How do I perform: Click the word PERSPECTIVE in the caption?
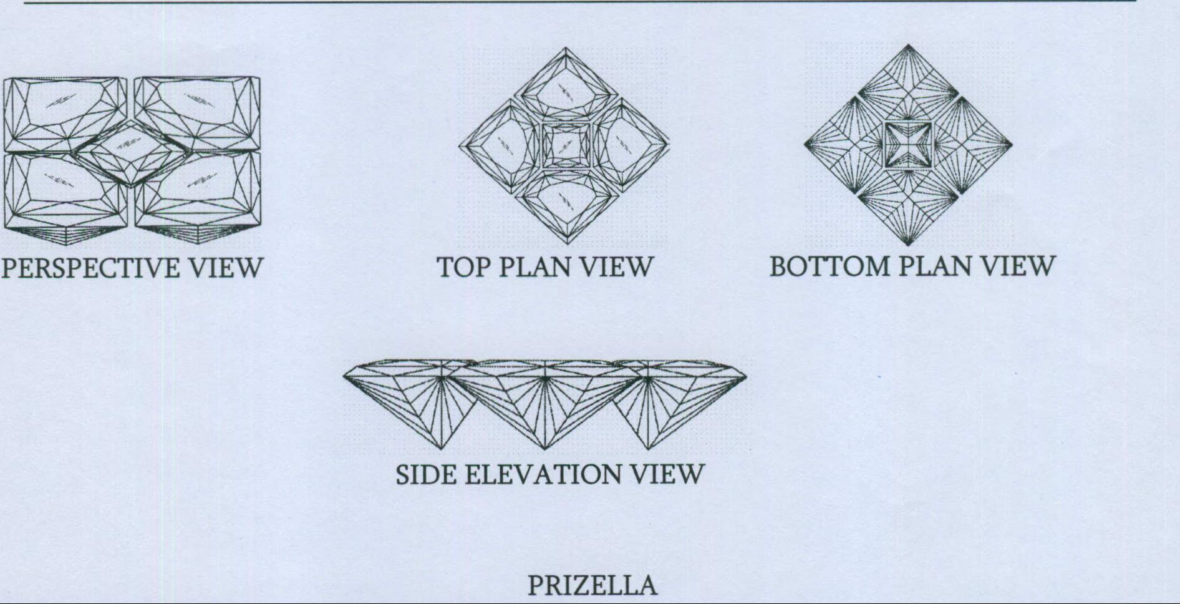click(x=91, y=268)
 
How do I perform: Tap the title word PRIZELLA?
click(x=592, y=586)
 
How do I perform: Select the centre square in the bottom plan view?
click(x=908, y=145)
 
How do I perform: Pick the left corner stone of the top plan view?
click(x=501, y=145)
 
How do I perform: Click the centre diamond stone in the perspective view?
click(x=132, y=153)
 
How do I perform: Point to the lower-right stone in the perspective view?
click(x=198, y=190)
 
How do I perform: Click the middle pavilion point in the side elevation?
click(x=545, y=449)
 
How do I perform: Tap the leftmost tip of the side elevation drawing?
click(x=343, y=377)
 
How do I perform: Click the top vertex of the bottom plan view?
click(x=908, y=44)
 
